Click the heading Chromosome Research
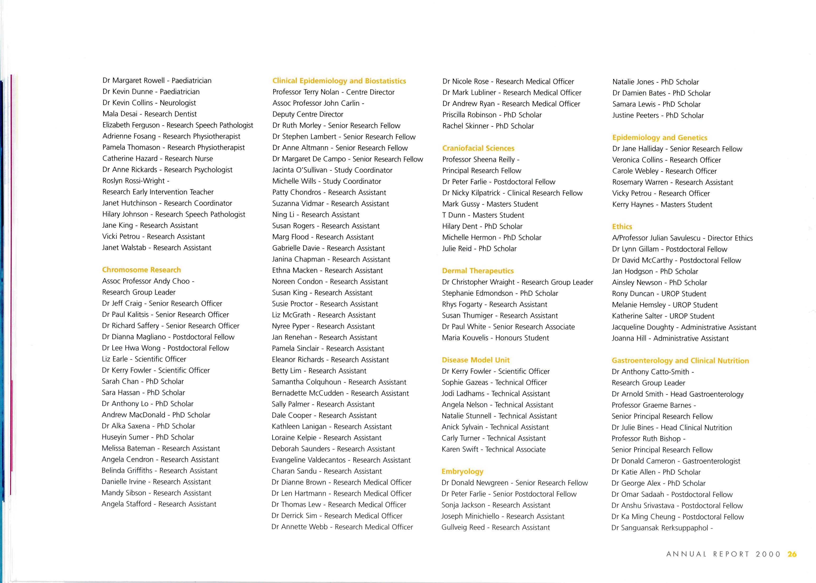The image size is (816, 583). pyautogui.click(x=141, y=270)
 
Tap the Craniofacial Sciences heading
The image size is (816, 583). pyautogui.click(x=478, y=148)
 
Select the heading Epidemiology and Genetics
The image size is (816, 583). pyautogui.click(x=659, y=138)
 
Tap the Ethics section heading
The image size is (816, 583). pyautogui.click(x=622, y=227)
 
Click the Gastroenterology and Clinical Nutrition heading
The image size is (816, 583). pyautogui.click(x=680, y=361)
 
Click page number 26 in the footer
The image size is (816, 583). pyautogui.click(x=792, y=554)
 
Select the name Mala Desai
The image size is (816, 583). pyautogui.click(x=120, y=114)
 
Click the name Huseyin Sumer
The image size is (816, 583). pyautogui.click(x=125, y=437)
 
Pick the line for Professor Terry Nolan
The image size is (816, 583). pyautogui.click(x=333, y=92)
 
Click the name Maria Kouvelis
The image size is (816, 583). pyautogui.click(x=465, y=338)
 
